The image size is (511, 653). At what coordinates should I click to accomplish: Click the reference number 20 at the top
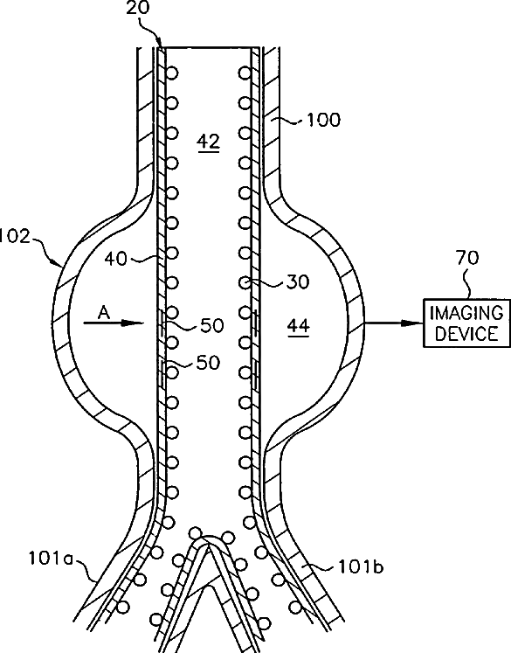coord(138,8)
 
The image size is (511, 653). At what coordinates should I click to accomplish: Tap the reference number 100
coord(323,120)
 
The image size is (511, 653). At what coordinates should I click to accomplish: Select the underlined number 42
coord(209,142)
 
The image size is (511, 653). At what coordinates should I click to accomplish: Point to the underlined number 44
coord(299,325)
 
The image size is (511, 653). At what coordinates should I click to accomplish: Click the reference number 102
coord(15,236)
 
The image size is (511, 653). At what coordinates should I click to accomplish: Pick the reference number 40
coord(115,259)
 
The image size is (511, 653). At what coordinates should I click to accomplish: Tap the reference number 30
coord(298,282)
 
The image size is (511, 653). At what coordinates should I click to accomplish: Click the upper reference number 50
coord(212,325)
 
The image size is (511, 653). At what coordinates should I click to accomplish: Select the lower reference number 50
coord(208,363)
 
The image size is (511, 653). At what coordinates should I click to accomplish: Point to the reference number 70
coord(467,258)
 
